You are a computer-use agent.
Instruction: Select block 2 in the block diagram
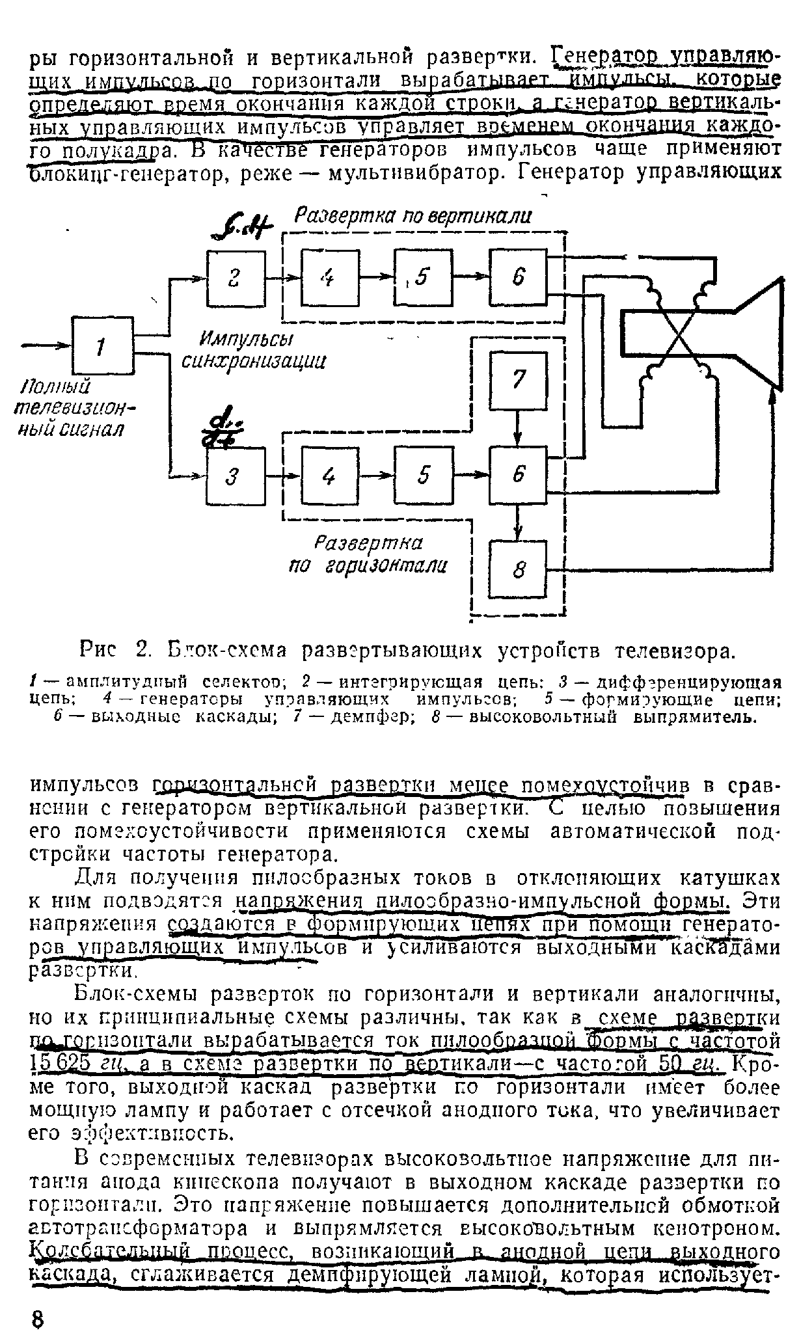click(x=236, y=278)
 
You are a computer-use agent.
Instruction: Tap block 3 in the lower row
click(x=236, y=477)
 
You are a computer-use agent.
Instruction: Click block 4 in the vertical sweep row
click(x=330, y=278)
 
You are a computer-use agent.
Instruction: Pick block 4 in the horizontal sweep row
click(x=330, y=477)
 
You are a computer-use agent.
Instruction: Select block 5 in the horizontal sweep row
click(x=424, y=477)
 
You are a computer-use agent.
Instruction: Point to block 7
click(x=518, y=380)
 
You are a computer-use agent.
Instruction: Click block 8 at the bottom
click(x=518, y=570)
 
